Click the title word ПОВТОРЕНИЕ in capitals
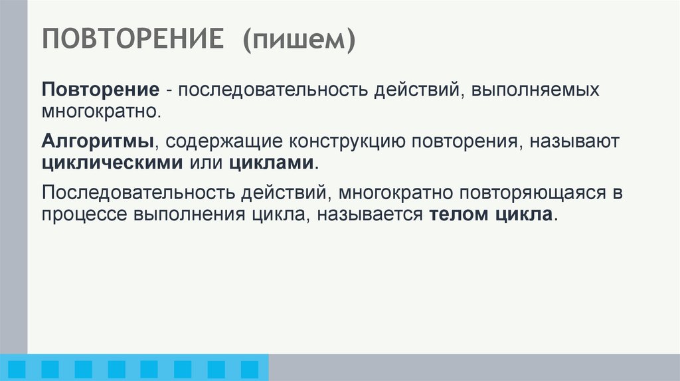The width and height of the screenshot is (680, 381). pyautogui.click(x=133, y=40)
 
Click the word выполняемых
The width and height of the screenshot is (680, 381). pyautogui.click(x=536, y=90)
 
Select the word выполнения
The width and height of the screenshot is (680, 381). pyautogui.click(x=189, y=215)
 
